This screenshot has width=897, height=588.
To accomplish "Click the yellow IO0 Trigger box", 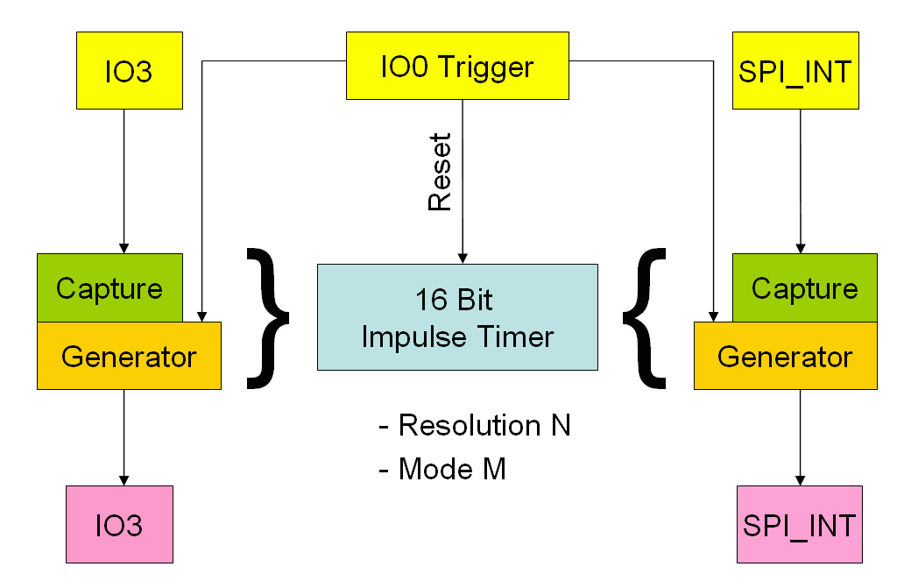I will click(456, 66).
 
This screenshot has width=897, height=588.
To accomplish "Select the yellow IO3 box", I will click(130, 70).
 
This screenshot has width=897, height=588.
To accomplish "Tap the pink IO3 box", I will click(120, 524).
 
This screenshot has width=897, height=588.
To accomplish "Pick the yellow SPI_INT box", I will click(795, 70).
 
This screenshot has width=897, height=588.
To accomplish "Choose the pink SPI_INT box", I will click(799, 524).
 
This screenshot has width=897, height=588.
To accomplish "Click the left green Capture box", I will click(109, 287).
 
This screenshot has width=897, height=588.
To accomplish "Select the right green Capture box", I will click(804, 287).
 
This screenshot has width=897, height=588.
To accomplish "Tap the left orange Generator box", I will click(129, 357).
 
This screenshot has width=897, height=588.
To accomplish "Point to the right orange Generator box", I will click(785, 357).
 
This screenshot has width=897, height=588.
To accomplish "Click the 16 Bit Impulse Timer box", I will click(457, 317).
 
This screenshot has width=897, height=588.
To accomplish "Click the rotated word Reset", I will click(439, 172).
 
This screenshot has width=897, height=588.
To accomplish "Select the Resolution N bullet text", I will click(475, 426).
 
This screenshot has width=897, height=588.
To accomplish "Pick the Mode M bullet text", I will click(442, 469).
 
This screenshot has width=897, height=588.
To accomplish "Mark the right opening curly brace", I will click(645, 317).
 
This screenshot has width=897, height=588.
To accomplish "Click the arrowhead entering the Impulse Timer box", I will click(463, 258).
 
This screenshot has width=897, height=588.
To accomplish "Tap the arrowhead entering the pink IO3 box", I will click(124, 480).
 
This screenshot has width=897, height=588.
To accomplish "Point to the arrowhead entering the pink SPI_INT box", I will click(799, 480).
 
